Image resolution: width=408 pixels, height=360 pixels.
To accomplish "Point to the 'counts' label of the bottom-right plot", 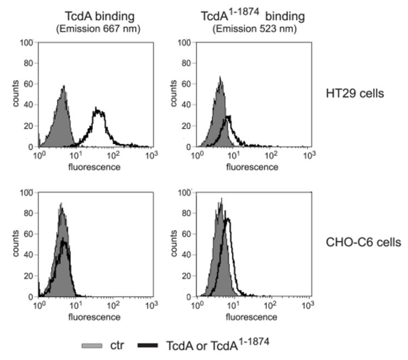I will [x=171, y=244].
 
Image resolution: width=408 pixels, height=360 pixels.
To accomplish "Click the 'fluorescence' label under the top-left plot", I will [x=95, y=166].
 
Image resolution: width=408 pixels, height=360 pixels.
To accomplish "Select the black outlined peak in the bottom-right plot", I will [x=228, y=221].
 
